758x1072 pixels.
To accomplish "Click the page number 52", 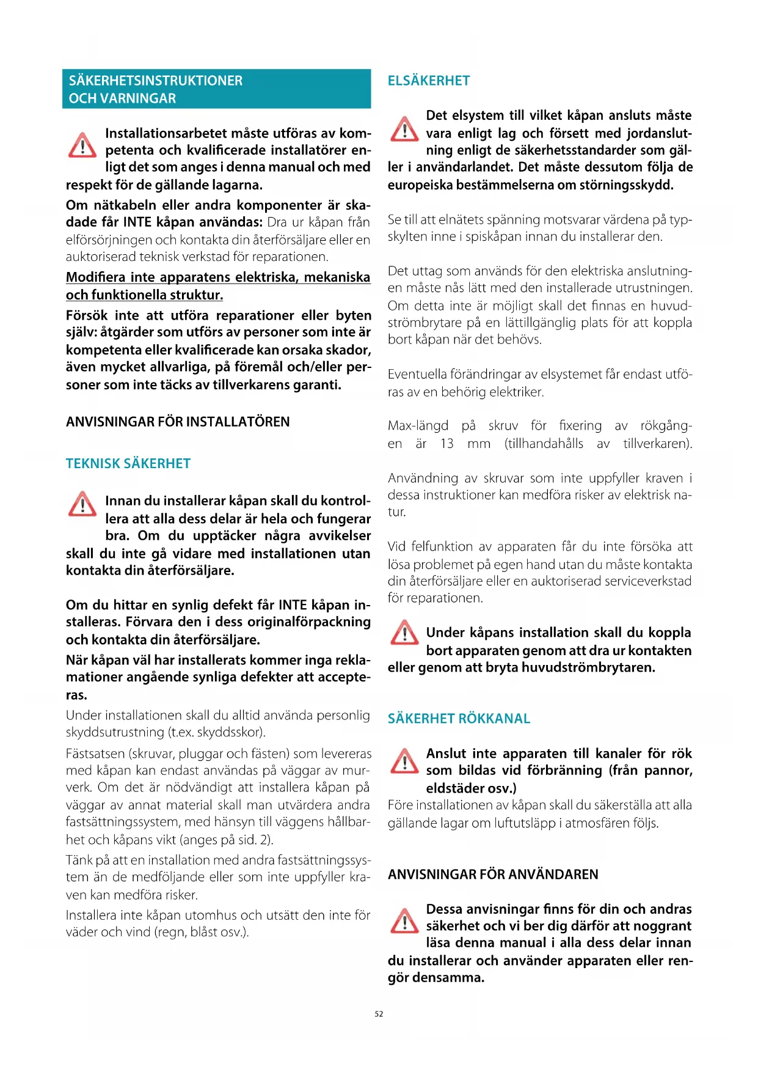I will [379, 1014].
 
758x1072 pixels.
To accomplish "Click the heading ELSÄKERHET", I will [429, 81].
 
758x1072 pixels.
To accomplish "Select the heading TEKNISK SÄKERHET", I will [128, 463].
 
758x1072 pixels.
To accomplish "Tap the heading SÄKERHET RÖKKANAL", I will [459, 718].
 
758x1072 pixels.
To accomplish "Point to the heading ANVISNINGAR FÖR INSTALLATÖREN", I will [178, 422].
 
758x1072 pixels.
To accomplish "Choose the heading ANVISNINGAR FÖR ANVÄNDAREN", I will [493, 874].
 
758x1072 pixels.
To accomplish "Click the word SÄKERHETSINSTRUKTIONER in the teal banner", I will [156, 81].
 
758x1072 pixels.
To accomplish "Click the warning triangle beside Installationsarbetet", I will [82, 145].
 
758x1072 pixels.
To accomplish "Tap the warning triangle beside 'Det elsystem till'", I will [404, 128].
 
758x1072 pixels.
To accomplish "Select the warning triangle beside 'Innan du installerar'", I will [82, 504].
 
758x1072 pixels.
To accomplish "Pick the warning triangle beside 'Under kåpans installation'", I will [404, 633].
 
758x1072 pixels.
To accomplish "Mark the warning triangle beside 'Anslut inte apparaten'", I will [404, 761].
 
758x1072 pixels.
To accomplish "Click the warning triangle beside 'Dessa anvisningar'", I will [404, 921].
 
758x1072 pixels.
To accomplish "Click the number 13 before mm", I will [447, 444].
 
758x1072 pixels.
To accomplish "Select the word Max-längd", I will [418, 425].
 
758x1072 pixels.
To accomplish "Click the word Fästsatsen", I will [95, 754].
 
